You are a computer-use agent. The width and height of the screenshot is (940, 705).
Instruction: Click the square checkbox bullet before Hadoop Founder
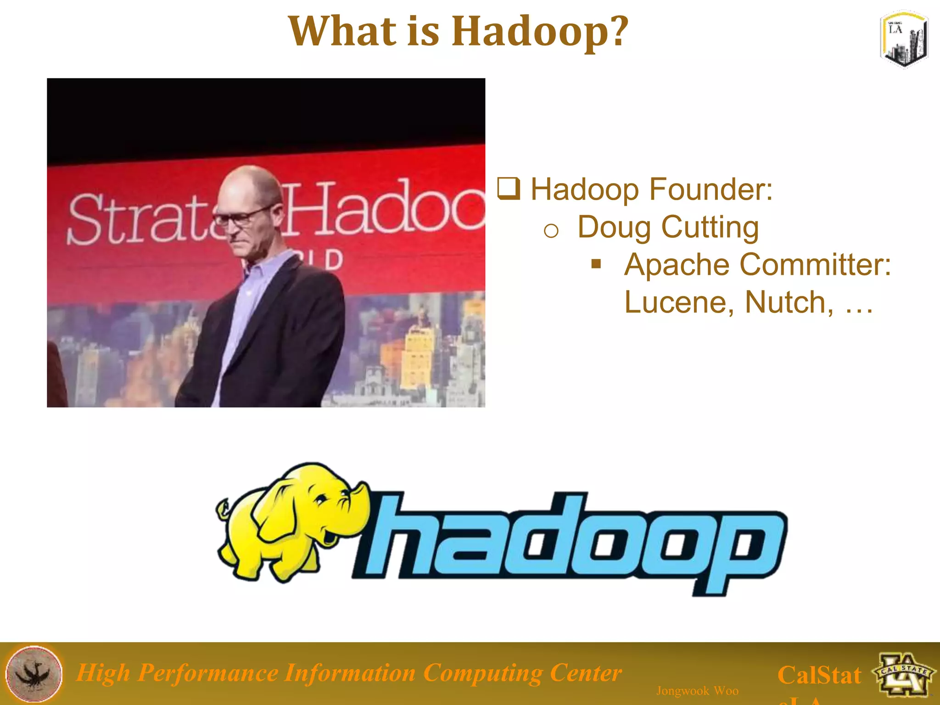click(x=509, y=189)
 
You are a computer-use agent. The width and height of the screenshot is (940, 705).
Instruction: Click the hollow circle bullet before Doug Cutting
click(x=551, y=231)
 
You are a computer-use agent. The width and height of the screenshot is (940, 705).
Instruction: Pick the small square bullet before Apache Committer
click(x=596, y=263)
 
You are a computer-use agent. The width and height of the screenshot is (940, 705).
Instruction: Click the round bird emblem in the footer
click(x=34, y=673)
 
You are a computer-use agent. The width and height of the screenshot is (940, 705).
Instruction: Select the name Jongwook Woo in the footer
click(x=697, y=691)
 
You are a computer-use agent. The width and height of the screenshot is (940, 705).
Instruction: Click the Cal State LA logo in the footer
click(x=904, y=674)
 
